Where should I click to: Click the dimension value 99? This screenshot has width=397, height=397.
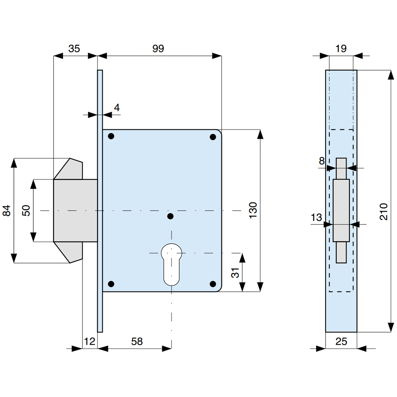(158, 48)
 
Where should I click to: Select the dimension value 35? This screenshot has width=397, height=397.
(74, 48)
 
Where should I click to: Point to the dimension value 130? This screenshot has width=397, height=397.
(253, 210)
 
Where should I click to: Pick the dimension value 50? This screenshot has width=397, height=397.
(26, 210)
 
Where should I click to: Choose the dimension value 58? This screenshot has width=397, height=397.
(136, 341)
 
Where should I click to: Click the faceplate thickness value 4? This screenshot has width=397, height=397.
(116, 107)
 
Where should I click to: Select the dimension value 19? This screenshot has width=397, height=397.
(341, 48)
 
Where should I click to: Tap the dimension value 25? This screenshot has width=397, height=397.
(341, 341)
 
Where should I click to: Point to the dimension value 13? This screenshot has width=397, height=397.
(316, 218)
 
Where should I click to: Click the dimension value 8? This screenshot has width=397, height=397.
(322, 161)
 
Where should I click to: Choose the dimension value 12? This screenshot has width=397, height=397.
(90, 341)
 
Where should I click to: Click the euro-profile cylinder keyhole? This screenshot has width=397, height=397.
(172, 264)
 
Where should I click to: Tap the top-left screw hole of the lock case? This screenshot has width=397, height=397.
(111, 137)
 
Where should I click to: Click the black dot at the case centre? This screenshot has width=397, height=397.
(170, 216)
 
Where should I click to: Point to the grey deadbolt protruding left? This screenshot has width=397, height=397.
(75, 210)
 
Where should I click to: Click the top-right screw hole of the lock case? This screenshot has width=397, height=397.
(213, 137)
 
